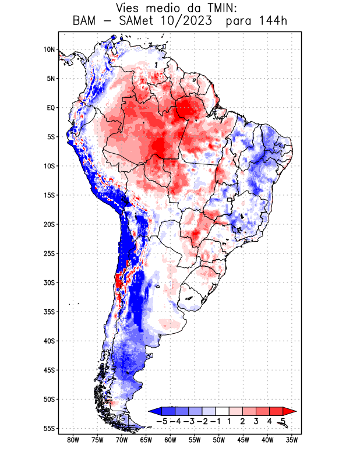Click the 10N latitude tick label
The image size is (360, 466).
tap(49, 50)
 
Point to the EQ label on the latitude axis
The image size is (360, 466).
tap(51, 108)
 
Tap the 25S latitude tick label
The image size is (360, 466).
tap(49, 253)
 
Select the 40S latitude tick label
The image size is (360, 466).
tap(49, 341)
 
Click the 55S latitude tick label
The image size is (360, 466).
tap(49, 429)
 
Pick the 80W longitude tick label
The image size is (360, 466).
tap(73, 440)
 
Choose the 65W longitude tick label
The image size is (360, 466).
tap(146, 440)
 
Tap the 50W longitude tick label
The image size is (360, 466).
tap(219, 440)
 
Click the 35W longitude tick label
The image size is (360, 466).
tap(292, 440)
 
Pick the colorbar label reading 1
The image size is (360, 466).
tap(230, 421)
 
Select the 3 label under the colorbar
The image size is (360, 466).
tap(257, 421)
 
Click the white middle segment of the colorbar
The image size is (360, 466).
tap(223, 411)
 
